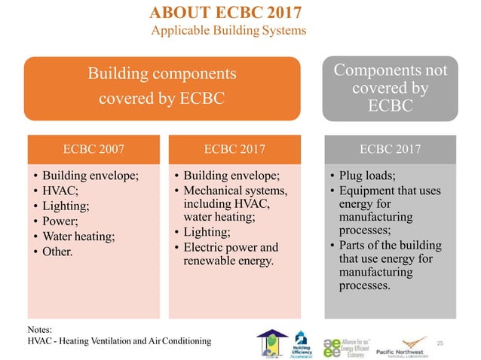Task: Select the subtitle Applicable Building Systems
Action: click(x=229, y=31)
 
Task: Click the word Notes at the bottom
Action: click(x=39, y=329)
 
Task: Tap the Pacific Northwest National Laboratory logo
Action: click(x=414, y=342)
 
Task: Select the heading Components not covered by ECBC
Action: click(x=390, y=87)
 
